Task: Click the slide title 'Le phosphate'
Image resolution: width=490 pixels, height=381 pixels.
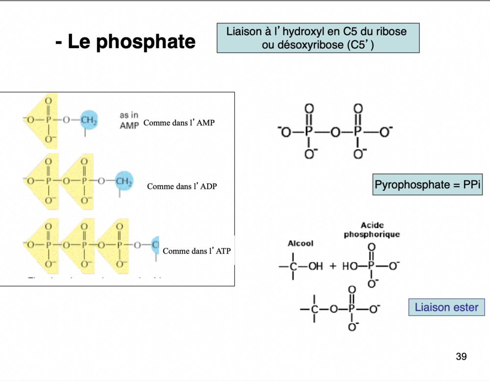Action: pyautogui.click(x=125, y=42)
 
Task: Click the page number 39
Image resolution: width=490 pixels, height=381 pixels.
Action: pyautogui.click(x=461, y=356)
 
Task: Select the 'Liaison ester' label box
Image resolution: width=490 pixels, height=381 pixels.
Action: pyautogui.click(x=446, y=307)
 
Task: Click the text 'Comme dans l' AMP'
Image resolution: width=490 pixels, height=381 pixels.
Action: pyautogui.click(x=179, y=123)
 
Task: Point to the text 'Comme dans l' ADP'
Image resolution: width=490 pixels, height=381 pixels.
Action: pyautogui.click(x=182, y=186)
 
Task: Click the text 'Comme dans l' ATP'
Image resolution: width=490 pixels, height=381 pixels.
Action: pyautogui.click(x=196, y=251)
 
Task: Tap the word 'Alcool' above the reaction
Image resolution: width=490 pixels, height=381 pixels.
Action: pyautogui.click(x=300, y=243)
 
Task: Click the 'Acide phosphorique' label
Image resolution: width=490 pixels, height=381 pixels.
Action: pyautogui.click(x=371, y=230)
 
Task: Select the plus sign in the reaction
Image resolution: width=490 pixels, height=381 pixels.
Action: pyautogui.click(x=333, y=266)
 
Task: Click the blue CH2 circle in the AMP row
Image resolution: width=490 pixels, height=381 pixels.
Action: pyautogui.click(x=89, y=120)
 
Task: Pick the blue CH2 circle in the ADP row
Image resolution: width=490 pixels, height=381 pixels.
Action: pyautogui.click(x=124, y=181)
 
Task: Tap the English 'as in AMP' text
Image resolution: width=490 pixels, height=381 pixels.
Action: pyautogui.click(x=129, y=120)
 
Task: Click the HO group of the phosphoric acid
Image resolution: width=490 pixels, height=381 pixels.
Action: pyautogui.click(x=350, y=266)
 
